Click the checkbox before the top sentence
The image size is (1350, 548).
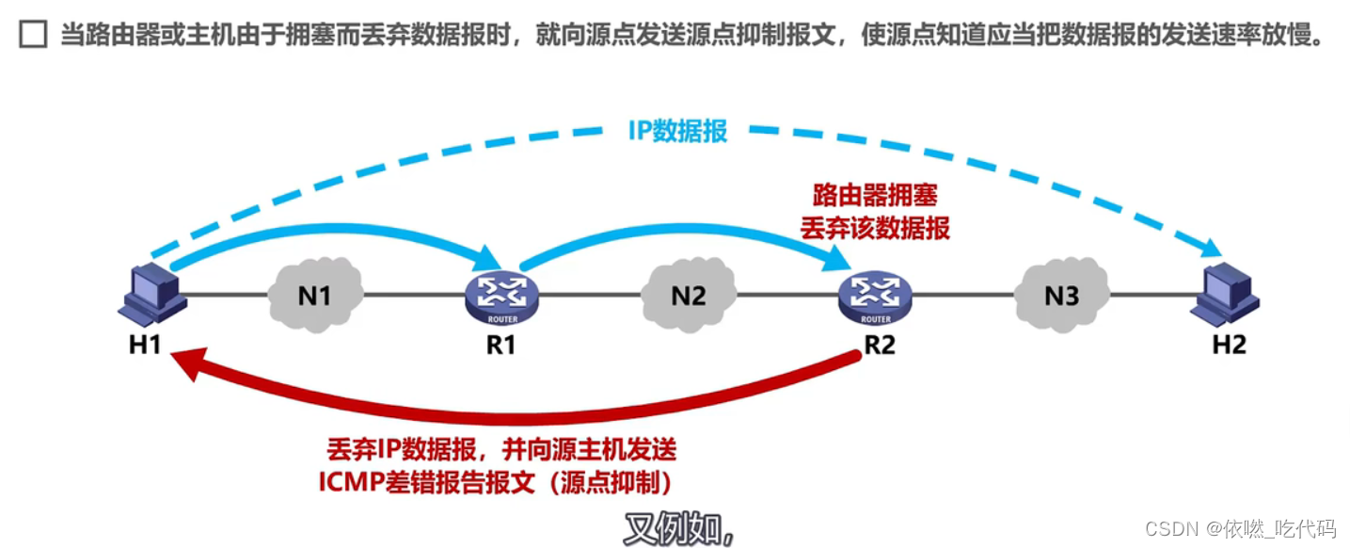pyautogui.click(x=33, y=37)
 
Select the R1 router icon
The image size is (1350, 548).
pyautogui.click(x=501, y=296)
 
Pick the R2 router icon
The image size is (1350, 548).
pyautogui.click(x=875, y=296)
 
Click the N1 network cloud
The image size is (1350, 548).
pyautogui.click(x=314, y=296)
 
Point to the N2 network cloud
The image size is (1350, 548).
pyautogui.click(x=688, y=296)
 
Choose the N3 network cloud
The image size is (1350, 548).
pyautogui.click(x=1061, y=296)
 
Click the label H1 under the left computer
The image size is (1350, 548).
pyautogui.click(x=146, y=345)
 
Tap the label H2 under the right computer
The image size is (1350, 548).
pyautogui.click(x=1229, y=345)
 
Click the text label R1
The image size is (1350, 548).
pyautogui.click(x=501, y=345)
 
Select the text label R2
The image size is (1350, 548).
pyautogui.click(x=880, y=345)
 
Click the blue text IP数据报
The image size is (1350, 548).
pyautogui.click(x=677, y=131)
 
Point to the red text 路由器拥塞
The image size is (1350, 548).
pyautogui.click(x=875, y=195)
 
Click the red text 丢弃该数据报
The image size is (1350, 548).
pyautogui.click(x=875, y=227)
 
